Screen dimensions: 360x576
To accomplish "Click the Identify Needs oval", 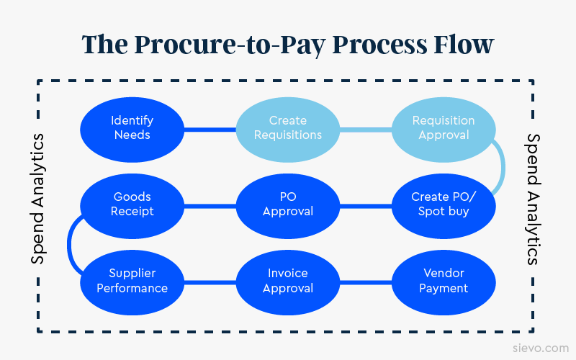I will coord(132,128).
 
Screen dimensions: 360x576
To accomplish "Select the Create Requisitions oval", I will coord(288,128).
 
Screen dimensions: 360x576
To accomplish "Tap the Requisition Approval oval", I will coord(444,128).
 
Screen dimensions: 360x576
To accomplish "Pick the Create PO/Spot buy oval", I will coord(444,204).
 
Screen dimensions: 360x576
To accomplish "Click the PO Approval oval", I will coord(288,204).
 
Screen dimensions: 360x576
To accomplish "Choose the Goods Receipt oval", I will coord(132,204).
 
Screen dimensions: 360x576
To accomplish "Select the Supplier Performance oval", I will coord(132,281).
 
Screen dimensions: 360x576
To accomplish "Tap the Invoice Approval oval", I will coord(288,281).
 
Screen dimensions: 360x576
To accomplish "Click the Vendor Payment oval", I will coord(444,281).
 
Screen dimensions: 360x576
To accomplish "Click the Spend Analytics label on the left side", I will coord(39,199).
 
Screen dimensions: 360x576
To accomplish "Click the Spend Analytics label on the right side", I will coord(534,199).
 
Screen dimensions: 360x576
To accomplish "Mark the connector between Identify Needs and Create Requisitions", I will coord(210,130).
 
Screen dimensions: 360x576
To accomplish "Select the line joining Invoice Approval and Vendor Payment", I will coord(365,282).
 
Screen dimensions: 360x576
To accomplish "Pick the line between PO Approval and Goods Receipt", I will coord(210,206).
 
